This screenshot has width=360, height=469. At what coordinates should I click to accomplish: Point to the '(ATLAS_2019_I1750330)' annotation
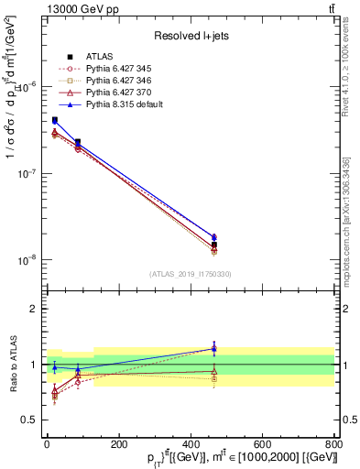click(191, 274)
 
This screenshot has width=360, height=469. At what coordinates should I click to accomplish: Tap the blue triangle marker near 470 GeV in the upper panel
click(214, 237)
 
